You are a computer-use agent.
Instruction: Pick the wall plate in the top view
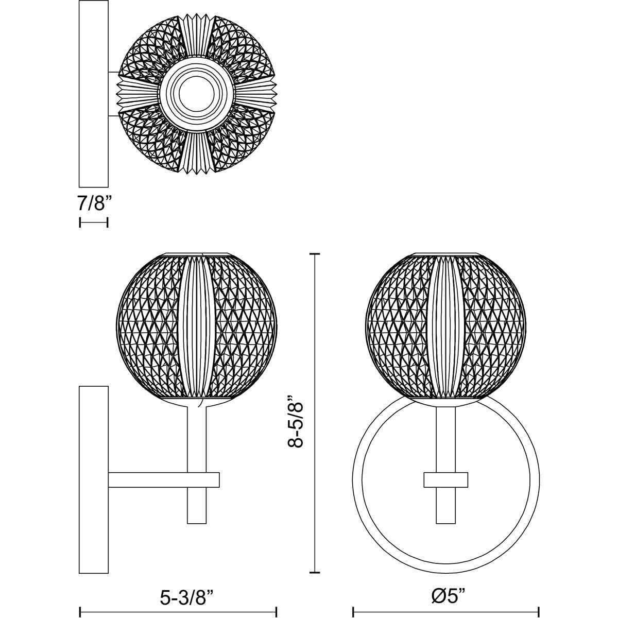pyautogui.click(x=94, y=94)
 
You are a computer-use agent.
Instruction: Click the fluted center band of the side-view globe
pyautogui.click(x=197, y=327)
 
